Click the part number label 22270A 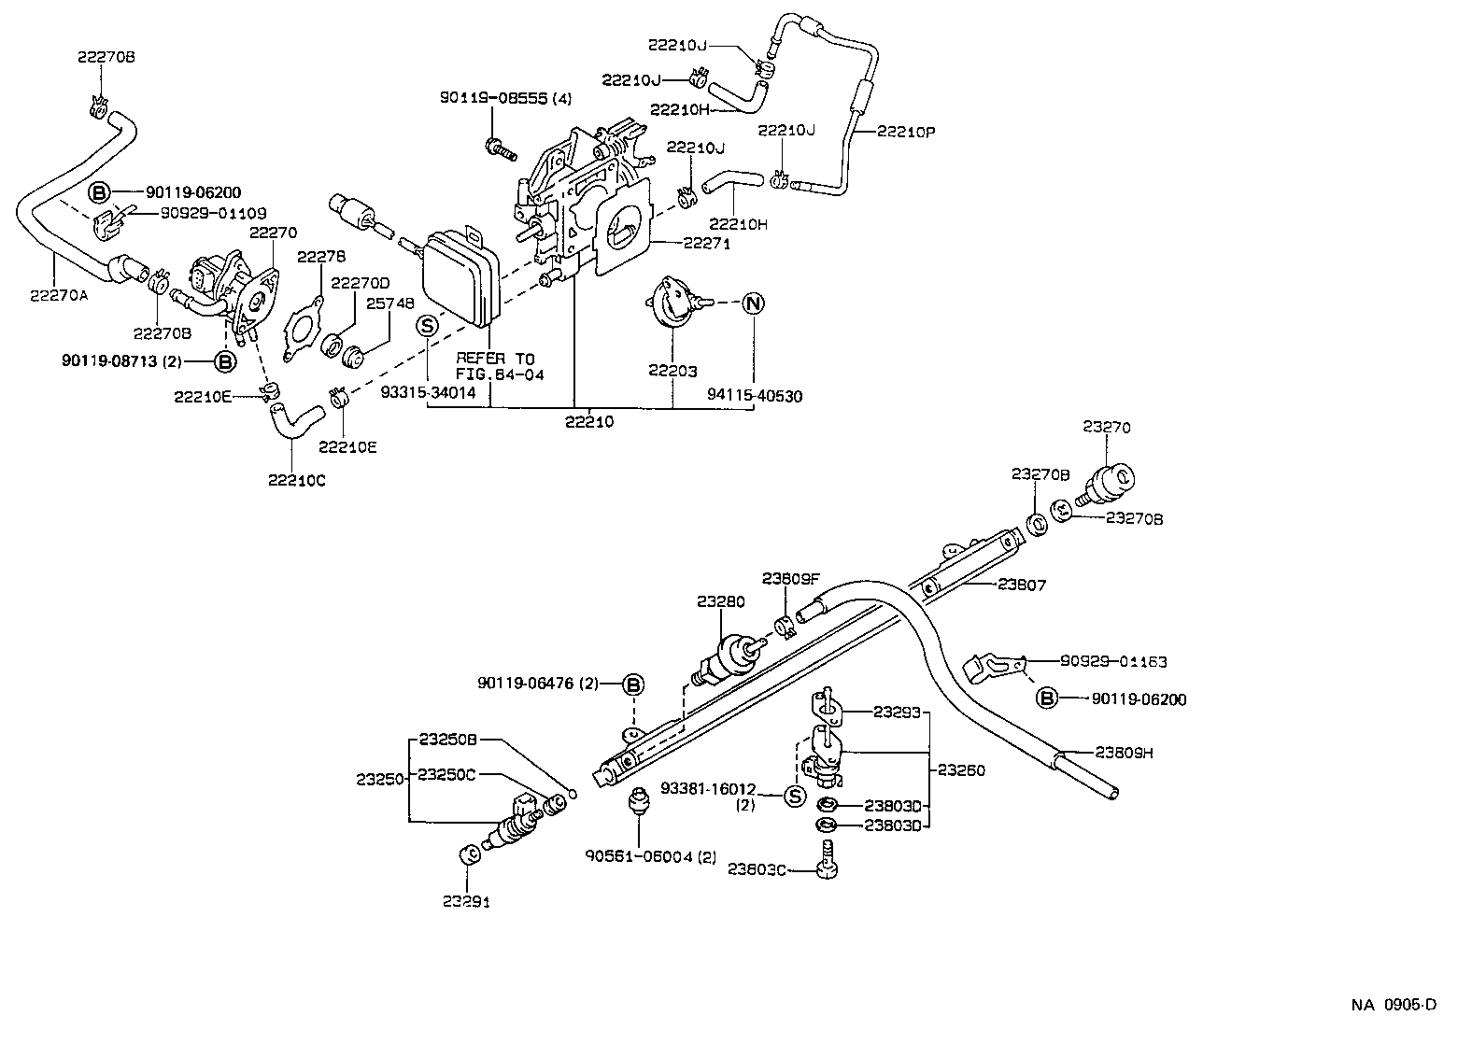[x=58, y=295]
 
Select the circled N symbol [x=753, y=303]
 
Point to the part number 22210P [x=906, y=132]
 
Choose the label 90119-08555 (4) [x=505, y=97]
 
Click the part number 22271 [x=706, y=243]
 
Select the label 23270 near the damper [x=1107, y=428]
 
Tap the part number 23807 [x=1022, y=585]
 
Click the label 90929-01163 [x=1113, y=661]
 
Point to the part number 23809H [x=1125, y=753]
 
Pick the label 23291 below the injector [x=466, y=901]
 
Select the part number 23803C [x=757, y=869]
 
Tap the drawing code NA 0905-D [x=1394, y=1005]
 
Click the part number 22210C [x=297, y=480]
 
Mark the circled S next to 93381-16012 [x=793, y=796]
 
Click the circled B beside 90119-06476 [x=633, y=684]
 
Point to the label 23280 [x=720, y=602]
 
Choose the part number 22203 [x=672, y=371]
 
